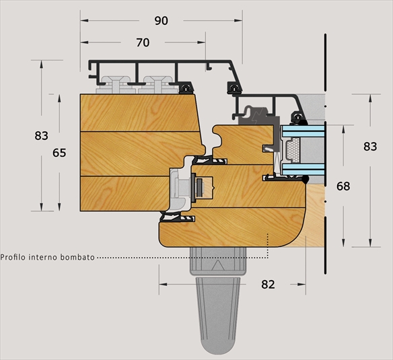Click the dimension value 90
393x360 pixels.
161,21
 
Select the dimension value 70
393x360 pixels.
143,42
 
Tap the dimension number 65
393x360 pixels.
59,153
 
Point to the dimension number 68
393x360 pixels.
343,186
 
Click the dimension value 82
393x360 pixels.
268,284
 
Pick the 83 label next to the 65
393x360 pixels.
41,136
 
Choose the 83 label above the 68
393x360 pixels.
370,147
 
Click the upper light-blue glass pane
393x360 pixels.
303,131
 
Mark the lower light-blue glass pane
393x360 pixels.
303,169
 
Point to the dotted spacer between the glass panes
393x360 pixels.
293,150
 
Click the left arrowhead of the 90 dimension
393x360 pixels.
84,20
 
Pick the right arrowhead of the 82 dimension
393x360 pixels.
301,284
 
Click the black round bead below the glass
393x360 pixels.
306,179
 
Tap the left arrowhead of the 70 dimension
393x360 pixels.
84,42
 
